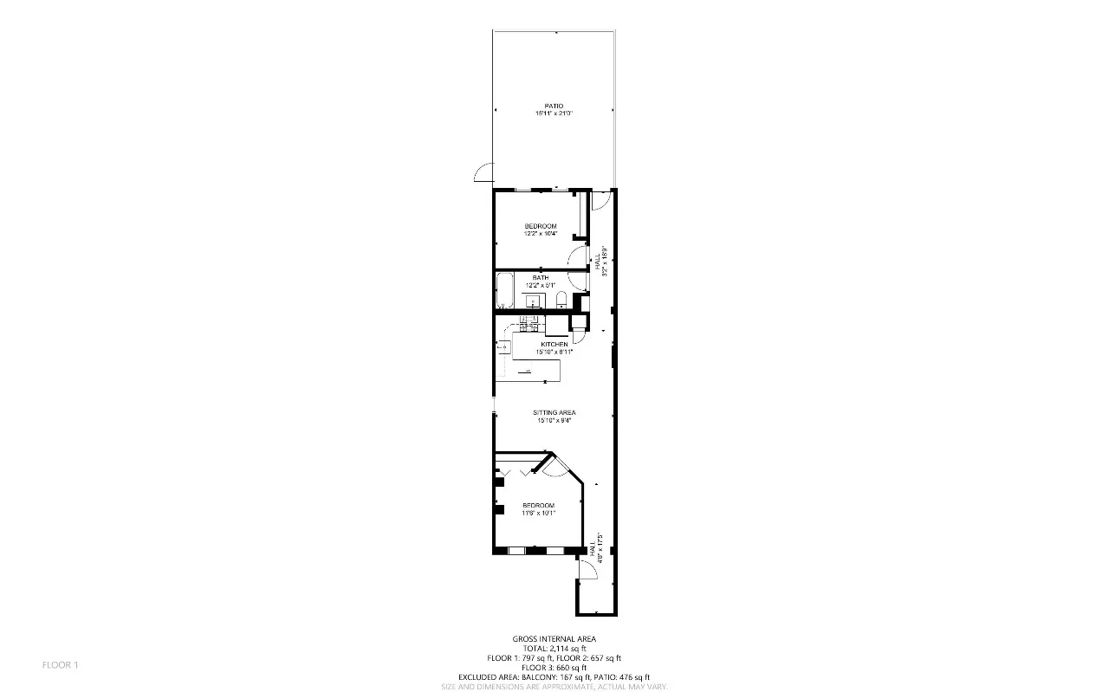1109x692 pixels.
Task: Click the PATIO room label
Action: (554, 106)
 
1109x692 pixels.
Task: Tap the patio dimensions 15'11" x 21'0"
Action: (554, 113)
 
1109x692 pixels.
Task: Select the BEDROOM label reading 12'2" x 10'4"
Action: (540, 226)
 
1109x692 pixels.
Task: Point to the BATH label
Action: (541, 278)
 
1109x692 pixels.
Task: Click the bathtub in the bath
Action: (505, 291)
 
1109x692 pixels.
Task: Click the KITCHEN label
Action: (554, 345)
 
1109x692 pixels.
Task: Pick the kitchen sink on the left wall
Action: (503, 346)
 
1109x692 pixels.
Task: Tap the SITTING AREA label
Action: (554, 412)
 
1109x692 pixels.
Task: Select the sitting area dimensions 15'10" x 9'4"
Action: (554, 421)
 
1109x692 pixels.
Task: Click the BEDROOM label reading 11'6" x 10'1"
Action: (538, 505)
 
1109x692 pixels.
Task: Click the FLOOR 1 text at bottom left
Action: (61, 665)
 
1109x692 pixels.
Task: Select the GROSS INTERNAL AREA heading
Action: (554, 639)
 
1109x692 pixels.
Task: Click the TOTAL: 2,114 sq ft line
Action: (554, 649)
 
